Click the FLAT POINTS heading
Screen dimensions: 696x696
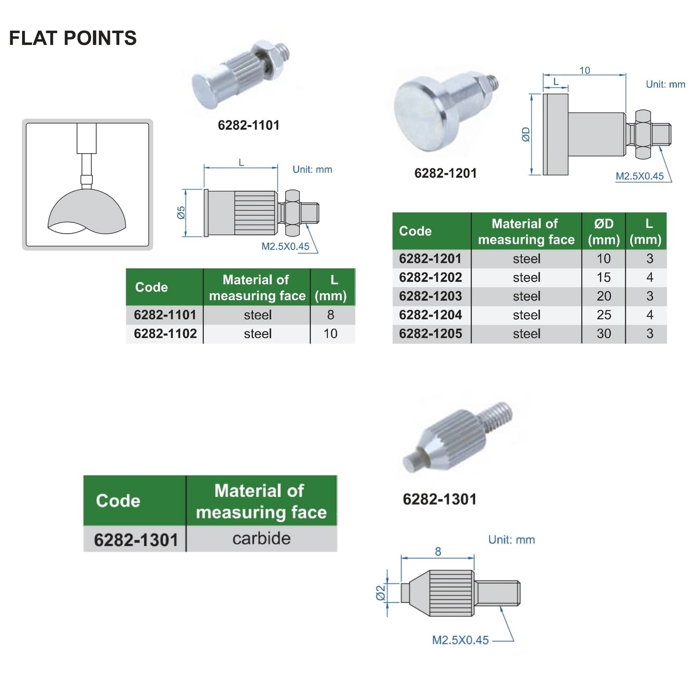coord(73,38)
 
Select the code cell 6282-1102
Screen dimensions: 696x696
coord(165,334)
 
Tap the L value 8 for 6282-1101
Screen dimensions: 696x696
coord(330,315)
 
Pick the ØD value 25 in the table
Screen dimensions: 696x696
coord(604,315)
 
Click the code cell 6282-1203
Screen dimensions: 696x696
coord(430,296)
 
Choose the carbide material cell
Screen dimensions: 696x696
coord(261,539)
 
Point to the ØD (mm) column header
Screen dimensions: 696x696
coord(604,231)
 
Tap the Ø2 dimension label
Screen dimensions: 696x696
coord(380,593)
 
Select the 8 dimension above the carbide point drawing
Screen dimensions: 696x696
coord(438,552)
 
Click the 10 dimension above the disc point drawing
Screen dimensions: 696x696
coord(584,70)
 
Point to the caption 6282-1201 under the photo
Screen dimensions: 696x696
coord(445,173)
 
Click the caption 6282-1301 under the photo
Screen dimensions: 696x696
coord(439,499)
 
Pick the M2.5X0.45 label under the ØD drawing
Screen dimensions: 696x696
coord(639,176)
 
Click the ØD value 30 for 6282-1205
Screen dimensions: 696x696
coord(604,334)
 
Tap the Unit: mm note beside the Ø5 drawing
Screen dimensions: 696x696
coord(312,170)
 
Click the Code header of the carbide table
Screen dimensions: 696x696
coord(118,501)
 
